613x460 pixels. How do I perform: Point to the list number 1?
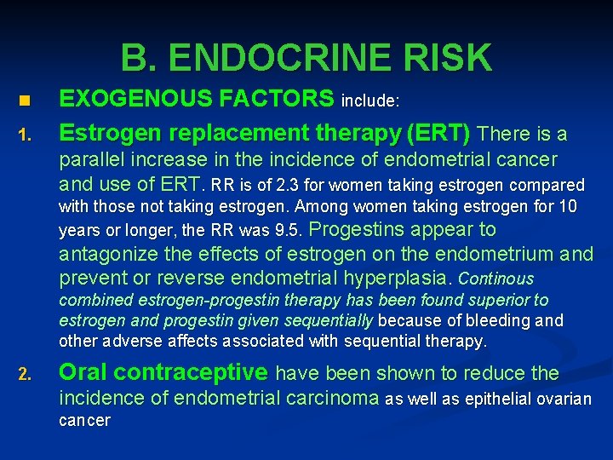click(25, 135)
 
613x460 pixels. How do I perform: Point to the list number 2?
click(25, 375)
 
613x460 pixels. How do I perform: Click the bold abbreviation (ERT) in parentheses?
click(438, 133)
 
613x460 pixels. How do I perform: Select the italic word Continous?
click(496, 279)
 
